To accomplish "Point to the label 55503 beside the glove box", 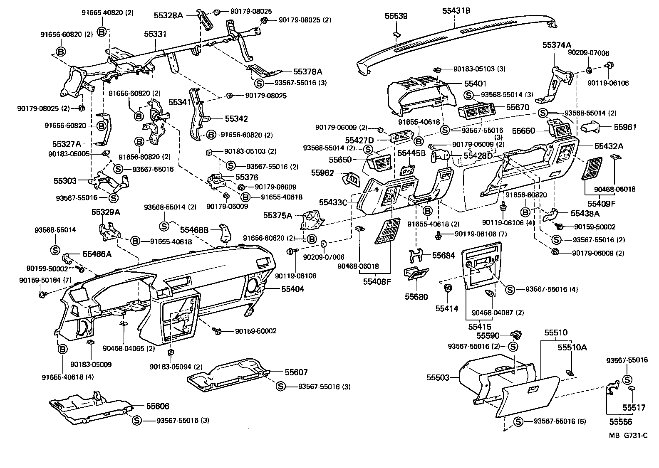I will click(x=438, y=377).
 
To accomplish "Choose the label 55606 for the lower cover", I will click(x=157, y=406).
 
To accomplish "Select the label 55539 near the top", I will click(x=396, y=16).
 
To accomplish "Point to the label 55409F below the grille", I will click(x=601, y=204).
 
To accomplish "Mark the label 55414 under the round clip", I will click(x=447, y=308).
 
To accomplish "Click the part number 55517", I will click(x=634, y=408).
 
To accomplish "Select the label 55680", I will click(x=416, y=297).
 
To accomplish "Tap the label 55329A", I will click(x=106, y=212).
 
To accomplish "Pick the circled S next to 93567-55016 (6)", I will click(x=518, y=421).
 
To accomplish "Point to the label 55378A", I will click(x=308, y=71).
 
